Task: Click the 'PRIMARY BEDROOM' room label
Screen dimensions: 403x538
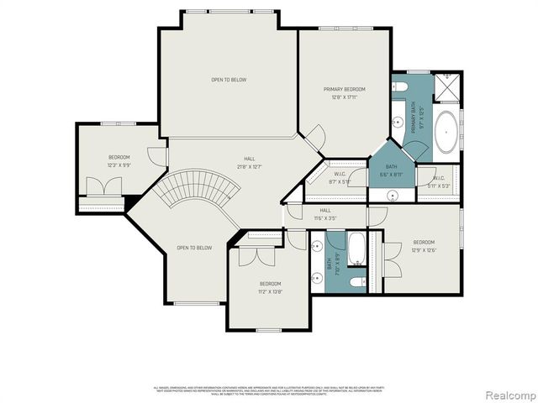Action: point(345,88)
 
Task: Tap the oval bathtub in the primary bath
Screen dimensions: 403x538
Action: point(446,132)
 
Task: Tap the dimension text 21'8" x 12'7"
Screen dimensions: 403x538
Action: point(249,166)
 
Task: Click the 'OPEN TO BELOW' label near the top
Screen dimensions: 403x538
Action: point(229,80)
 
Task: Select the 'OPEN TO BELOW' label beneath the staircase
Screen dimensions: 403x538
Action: point(194,248)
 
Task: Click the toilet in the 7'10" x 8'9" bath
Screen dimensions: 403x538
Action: point(356,280)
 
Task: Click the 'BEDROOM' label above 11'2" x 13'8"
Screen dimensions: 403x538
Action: point(270,283)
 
